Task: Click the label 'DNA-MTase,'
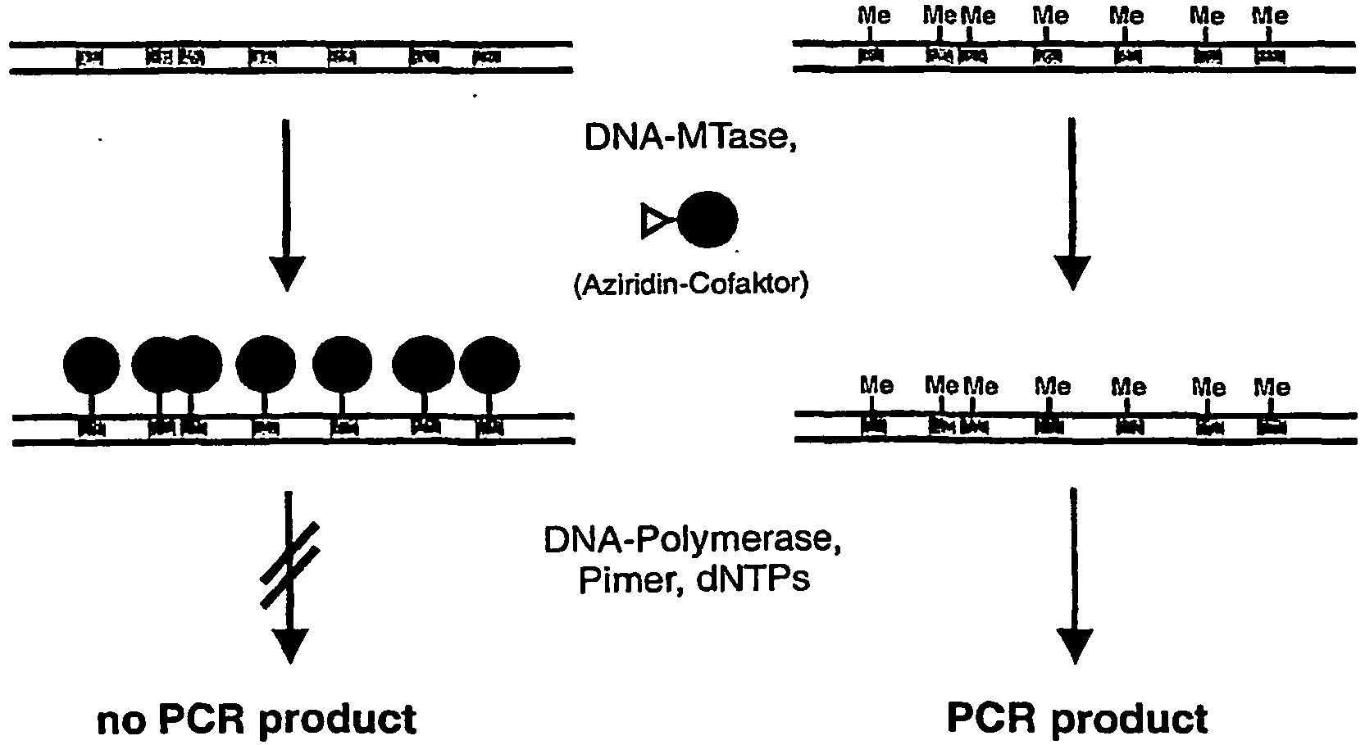click(690, 138)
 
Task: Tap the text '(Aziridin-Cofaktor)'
click(690, 284)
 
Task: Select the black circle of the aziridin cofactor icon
click(708, 220)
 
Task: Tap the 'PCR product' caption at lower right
click(1076, 718)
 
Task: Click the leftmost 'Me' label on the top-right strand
click(874, 16)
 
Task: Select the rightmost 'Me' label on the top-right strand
click(1270, 16)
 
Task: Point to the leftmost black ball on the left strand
click(92, 366)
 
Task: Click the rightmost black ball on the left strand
click(489, 366)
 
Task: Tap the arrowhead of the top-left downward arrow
click(287, 273)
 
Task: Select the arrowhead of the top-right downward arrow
click(1072, 273)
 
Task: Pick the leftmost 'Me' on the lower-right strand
click(877, 385)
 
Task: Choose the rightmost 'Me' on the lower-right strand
click(1272, 387)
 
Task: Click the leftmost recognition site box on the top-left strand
click(89, 57)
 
